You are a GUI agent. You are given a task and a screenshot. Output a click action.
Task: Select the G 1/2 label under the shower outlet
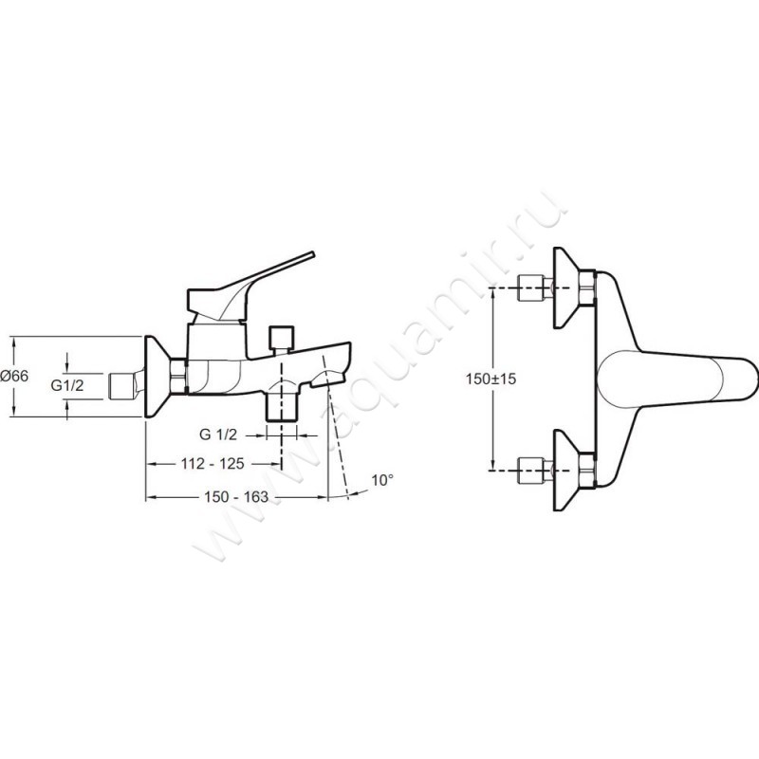coord(218,435)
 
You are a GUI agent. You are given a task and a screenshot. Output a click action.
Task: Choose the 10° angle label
coord(381,481)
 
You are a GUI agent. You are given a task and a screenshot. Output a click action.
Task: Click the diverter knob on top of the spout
coord(281,338)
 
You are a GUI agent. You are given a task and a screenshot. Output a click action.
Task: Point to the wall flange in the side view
coord(157,376)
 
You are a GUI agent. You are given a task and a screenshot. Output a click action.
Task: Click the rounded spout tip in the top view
coord(748,377)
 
